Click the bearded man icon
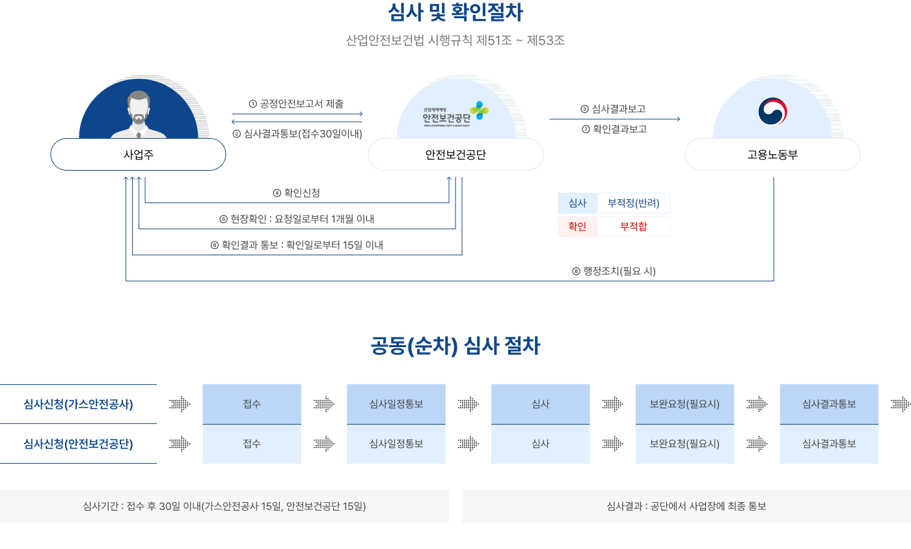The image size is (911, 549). coord(138,115)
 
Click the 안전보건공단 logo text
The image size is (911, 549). coord(446,117)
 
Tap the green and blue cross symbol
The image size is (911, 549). coord(480,110)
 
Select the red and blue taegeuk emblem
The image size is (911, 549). coord(772,111)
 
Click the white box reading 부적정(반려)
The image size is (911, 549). coord(633,203)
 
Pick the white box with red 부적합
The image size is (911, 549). coord(633,227)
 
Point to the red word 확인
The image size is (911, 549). coord(577,227)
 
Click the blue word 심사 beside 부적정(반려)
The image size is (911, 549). coord(577,203)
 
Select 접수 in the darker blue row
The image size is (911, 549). coord(252,404)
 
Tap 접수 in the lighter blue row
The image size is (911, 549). coord(252,443)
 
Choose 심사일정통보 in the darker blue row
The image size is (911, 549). coord(396,404)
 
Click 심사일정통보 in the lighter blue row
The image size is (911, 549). coord(396,443)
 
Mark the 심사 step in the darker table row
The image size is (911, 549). coord(540,404)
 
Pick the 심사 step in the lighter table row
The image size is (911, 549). coord(540,443)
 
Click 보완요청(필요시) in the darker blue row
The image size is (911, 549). coord(685,404)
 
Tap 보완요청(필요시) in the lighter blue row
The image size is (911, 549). coord(685,443)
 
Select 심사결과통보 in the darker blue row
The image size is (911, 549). coord(829,404)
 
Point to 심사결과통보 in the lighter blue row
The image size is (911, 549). coord(829,443)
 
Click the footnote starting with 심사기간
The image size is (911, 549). coord(224,506)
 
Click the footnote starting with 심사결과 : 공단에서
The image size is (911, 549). coord(686,506)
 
